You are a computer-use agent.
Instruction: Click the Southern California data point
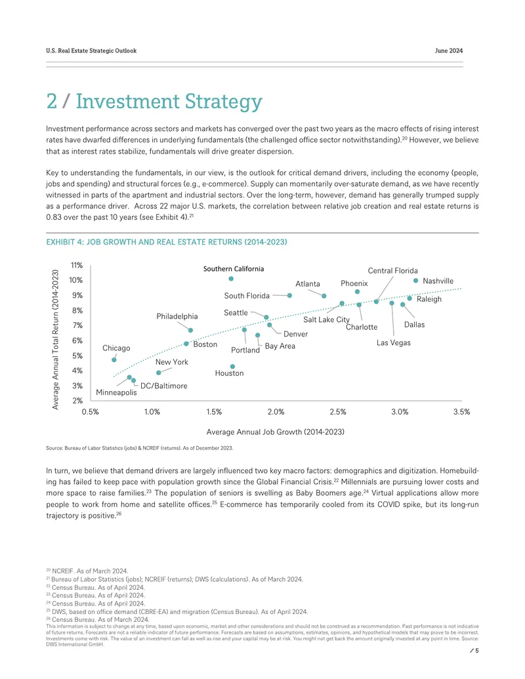[x=231, y=279]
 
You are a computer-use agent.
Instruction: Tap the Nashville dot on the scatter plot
[x=416, y=281]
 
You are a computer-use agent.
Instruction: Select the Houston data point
[x=232, y=367]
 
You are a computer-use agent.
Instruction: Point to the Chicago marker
[x=114, y=360]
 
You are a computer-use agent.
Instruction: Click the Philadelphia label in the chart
[x=177, y=317]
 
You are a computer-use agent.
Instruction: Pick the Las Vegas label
[x=393, y=343]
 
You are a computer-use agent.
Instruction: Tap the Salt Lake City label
[x=326, y=319]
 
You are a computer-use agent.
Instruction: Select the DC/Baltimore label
[x=164, y=386]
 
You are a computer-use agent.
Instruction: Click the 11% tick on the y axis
[x=77, y=266]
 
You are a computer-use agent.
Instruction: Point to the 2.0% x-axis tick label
[x=276, y=412]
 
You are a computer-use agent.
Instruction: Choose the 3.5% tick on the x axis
[x=462, y=412]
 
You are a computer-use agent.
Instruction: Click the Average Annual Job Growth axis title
[x=276, y=432]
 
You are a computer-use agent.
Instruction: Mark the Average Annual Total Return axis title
[x=55, y=339]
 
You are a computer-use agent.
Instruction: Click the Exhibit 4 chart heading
[x=167, y=242]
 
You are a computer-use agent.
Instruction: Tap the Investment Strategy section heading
[x=154, y=101]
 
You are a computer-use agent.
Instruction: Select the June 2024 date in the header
[x=449, y=51]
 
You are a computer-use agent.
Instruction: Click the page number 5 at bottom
[x=477, y=650]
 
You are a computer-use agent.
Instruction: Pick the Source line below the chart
[x=140, y=448]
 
